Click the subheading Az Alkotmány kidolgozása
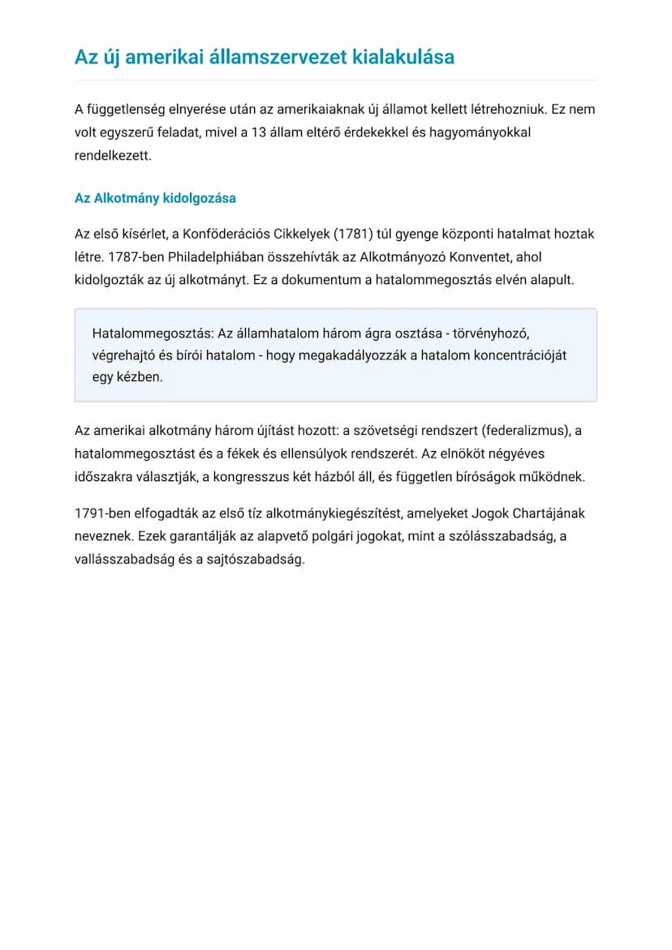(155, 198)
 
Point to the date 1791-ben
(105, 514)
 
